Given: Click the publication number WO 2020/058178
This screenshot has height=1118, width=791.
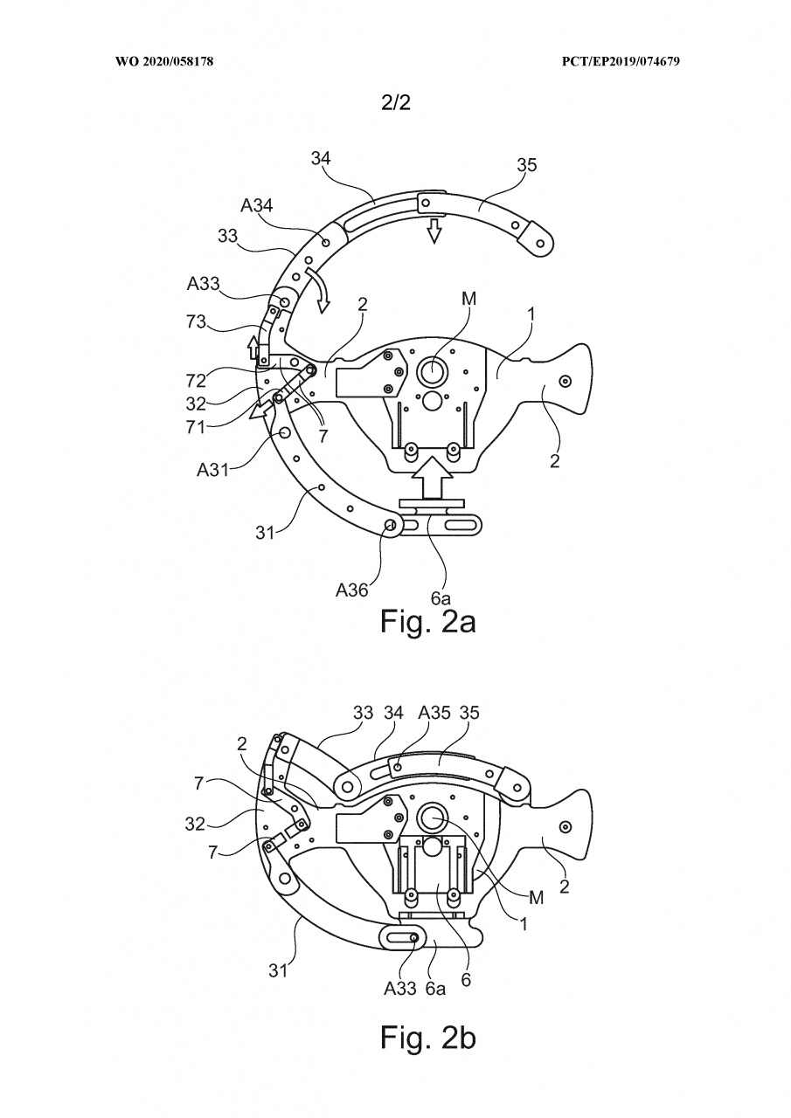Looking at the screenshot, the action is click(x=164, y=61).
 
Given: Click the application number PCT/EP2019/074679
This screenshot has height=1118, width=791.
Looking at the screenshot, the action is click(x=621, y=61).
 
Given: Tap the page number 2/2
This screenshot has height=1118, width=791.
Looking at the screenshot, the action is click(x=395, y=103).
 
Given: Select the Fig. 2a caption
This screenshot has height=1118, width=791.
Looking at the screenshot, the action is click(x=428, y=621).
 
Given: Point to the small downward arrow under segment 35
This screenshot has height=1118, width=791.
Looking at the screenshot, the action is click(x=434, y=230).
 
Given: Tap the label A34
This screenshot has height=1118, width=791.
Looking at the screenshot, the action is click(x=257, y=205).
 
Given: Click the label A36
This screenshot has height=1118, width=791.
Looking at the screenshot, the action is click(x=351, y=590).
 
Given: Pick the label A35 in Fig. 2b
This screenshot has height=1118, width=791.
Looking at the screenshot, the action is click(x=432, y=712).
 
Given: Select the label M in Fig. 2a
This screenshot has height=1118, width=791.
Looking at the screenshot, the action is click(x=469, y=299).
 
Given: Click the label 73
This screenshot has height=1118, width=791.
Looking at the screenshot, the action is click(x=197, y=322).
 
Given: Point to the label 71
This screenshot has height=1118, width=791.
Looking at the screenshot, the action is click(x=196, y=427).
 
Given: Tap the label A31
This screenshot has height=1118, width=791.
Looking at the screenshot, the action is click(x=212, y=470).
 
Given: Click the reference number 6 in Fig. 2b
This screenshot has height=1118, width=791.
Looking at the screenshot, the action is click(x=466, y=980).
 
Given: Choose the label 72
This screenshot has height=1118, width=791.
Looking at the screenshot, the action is click(x=197, y=381).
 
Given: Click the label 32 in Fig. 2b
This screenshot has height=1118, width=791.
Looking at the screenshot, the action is click(x=195, y=824).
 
